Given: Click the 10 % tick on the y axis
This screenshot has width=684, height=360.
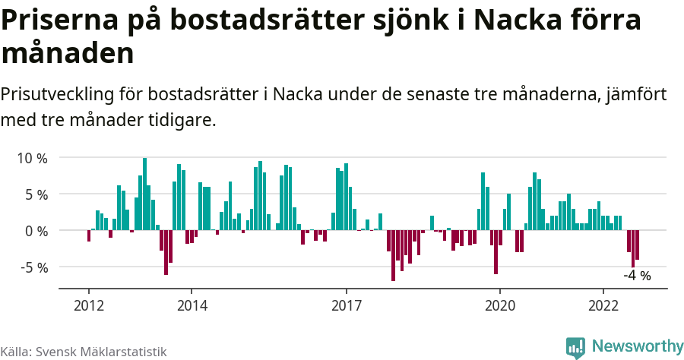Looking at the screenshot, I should (30, 159).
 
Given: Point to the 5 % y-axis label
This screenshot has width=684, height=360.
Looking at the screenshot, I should (33, 194).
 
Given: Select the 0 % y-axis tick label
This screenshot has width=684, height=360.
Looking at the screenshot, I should (33, 231).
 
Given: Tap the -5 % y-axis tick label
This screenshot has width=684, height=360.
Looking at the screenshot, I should (30, 267).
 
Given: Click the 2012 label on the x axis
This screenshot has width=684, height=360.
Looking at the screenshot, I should (89, 305).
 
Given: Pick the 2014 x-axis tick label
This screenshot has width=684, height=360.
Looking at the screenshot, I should (192, 305).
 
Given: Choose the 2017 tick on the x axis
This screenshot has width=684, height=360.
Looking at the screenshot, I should (347, 305).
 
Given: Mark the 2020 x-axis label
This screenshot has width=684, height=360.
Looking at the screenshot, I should (500, 305).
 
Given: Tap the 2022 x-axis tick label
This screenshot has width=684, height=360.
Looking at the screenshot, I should (603, 305).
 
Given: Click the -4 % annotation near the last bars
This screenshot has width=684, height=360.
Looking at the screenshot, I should (637, 276).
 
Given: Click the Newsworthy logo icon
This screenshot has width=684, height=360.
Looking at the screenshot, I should (575, 347).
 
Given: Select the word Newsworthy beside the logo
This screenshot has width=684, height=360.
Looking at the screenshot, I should (637, 346).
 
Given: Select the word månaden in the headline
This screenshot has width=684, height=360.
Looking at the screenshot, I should (68, 54).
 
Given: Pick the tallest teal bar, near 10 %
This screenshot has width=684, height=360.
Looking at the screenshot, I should (144, 194).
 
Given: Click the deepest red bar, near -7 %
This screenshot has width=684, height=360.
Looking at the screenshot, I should (393, 255).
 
